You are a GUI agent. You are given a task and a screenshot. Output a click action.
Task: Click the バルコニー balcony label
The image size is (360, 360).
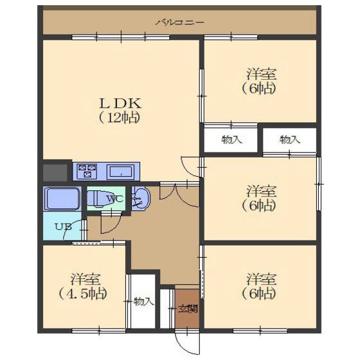pos(180,22)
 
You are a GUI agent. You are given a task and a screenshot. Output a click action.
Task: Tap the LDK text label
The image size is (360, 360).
pos(120,104)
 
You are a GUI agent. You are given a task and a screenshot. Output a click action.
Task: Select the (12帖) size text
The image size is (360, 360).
pos(120,118)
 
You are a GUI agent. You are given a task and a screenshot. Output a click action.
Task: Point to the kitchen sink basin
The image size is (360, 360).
pos(122,172)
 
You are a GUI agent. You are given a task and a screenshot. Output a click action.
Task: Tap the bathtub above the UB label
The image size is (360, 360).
pos(62,199)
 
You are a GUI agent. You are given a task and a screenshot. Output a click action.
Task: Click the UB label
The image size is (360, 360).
pos(64,227)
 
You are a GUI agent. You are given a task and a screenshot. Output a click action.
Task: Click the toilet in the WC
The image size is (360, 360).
pos(98,199)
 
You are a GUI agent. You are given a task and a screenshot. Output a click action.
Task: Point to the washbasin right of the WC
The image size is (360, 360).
pos(141,198)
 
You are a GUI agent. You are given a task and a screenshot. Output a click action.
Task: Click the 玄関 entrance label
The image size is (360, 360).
pos(188,309)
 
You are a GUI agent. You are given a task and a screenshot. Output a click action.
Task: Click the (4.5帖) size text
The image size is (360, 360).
pos(84,294)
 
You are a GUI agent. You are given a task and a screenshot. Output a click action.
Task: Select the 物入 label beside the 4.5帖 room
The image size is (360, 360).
pos(144,301)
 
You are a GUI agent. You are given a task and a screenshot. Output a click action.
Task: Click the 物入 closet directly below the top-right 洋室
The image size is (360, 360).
pos(231,139)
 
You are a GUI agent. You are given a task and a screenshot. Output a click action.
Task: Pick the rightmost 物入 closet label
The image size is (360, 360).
pos(290,139)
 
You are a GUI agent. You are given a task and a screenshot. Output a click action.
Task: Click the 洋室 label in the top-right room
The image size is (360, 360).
pos(261,74)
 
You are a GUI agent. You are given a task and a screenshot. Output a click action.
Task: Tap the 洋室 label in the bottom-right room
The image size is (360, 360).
pos(261,279)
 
